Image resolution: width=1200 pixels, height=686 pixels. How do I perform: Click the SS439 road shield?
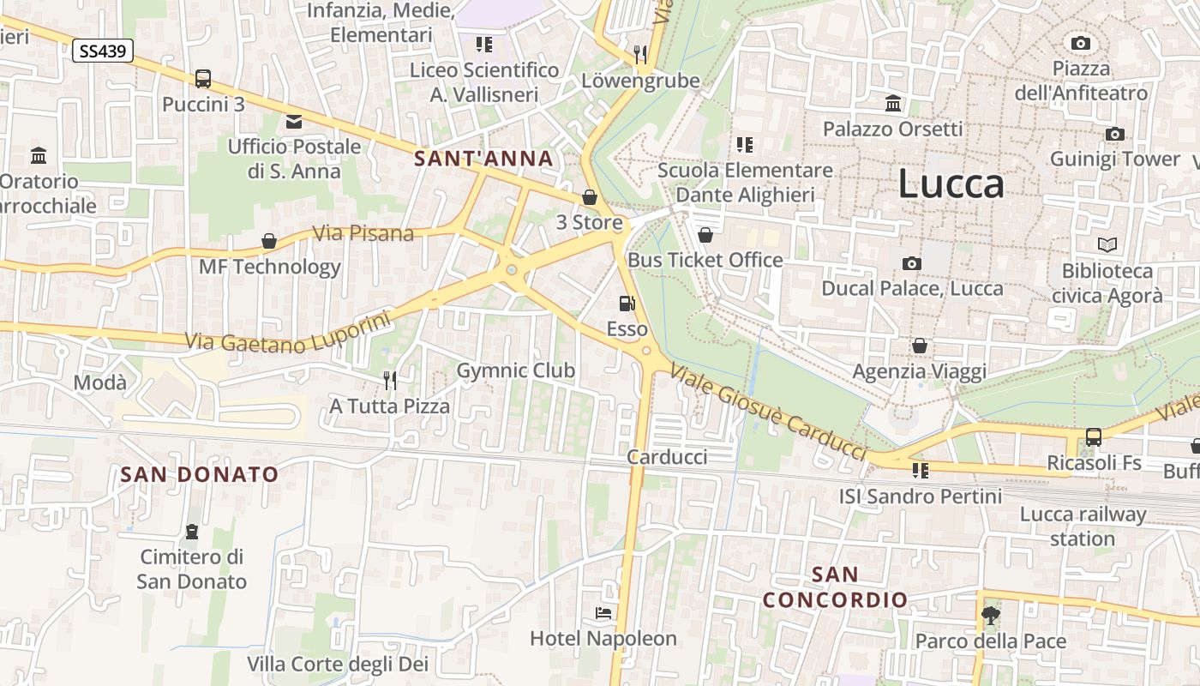(x=103, y=51)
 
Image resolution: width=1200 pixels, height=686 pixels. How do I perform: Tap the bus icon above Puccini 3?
(x=203, y=79)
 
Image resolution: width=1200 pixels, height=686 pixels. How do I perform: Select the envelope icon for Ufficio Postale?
(x=294, y=121)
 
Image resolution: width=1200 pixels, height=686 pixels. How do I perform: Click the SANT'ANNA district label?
(x=483, y=159)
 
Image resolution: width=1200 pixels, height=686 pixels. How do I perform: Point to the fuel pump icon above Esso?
(x=627, y=304)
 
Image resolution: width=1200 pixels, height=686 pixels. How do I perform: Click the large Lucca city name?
(x=951, y=184)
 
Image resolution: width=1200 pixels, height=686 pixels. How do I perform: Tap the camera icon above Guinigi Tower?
(x=1114, y=134)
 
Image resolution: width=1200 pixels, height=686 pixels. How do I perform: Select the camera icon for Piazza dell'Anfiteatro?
(x=1081, y=43)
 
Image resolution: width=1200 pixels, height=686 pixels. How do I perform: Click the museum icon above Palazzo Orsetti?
(x=893, y=104)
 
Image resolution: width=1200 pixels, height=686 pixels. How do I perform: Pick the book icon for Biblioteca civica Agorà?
(x=1107, y=245)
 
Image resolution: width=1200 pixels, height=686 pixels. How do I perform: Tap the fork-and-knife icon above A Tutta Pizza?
(x=390, y=380)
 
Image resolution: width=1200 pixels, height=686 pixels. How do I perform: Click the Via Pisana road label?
(x=363, y=233)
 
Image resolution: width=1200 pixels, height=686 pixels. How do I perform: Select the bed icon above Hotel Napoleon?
(x=603, y=613)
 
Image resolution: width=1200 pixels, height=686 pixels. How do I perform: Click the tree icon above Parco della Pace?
(x=991, y=615)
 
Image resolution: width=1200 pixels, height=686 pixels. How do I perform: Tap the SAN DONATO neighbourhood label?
(x=200, y=474)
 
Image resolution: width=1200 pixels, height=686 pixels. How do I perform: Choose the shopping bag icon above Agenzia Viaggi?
(x=920, y=346)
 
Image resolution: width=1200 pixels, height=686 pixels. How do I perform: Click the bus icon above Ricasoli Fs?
(x=1094, y=437)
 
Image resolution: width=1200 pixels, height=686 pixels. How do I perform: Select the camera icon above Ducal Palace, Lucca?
(x=912, y=263)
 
